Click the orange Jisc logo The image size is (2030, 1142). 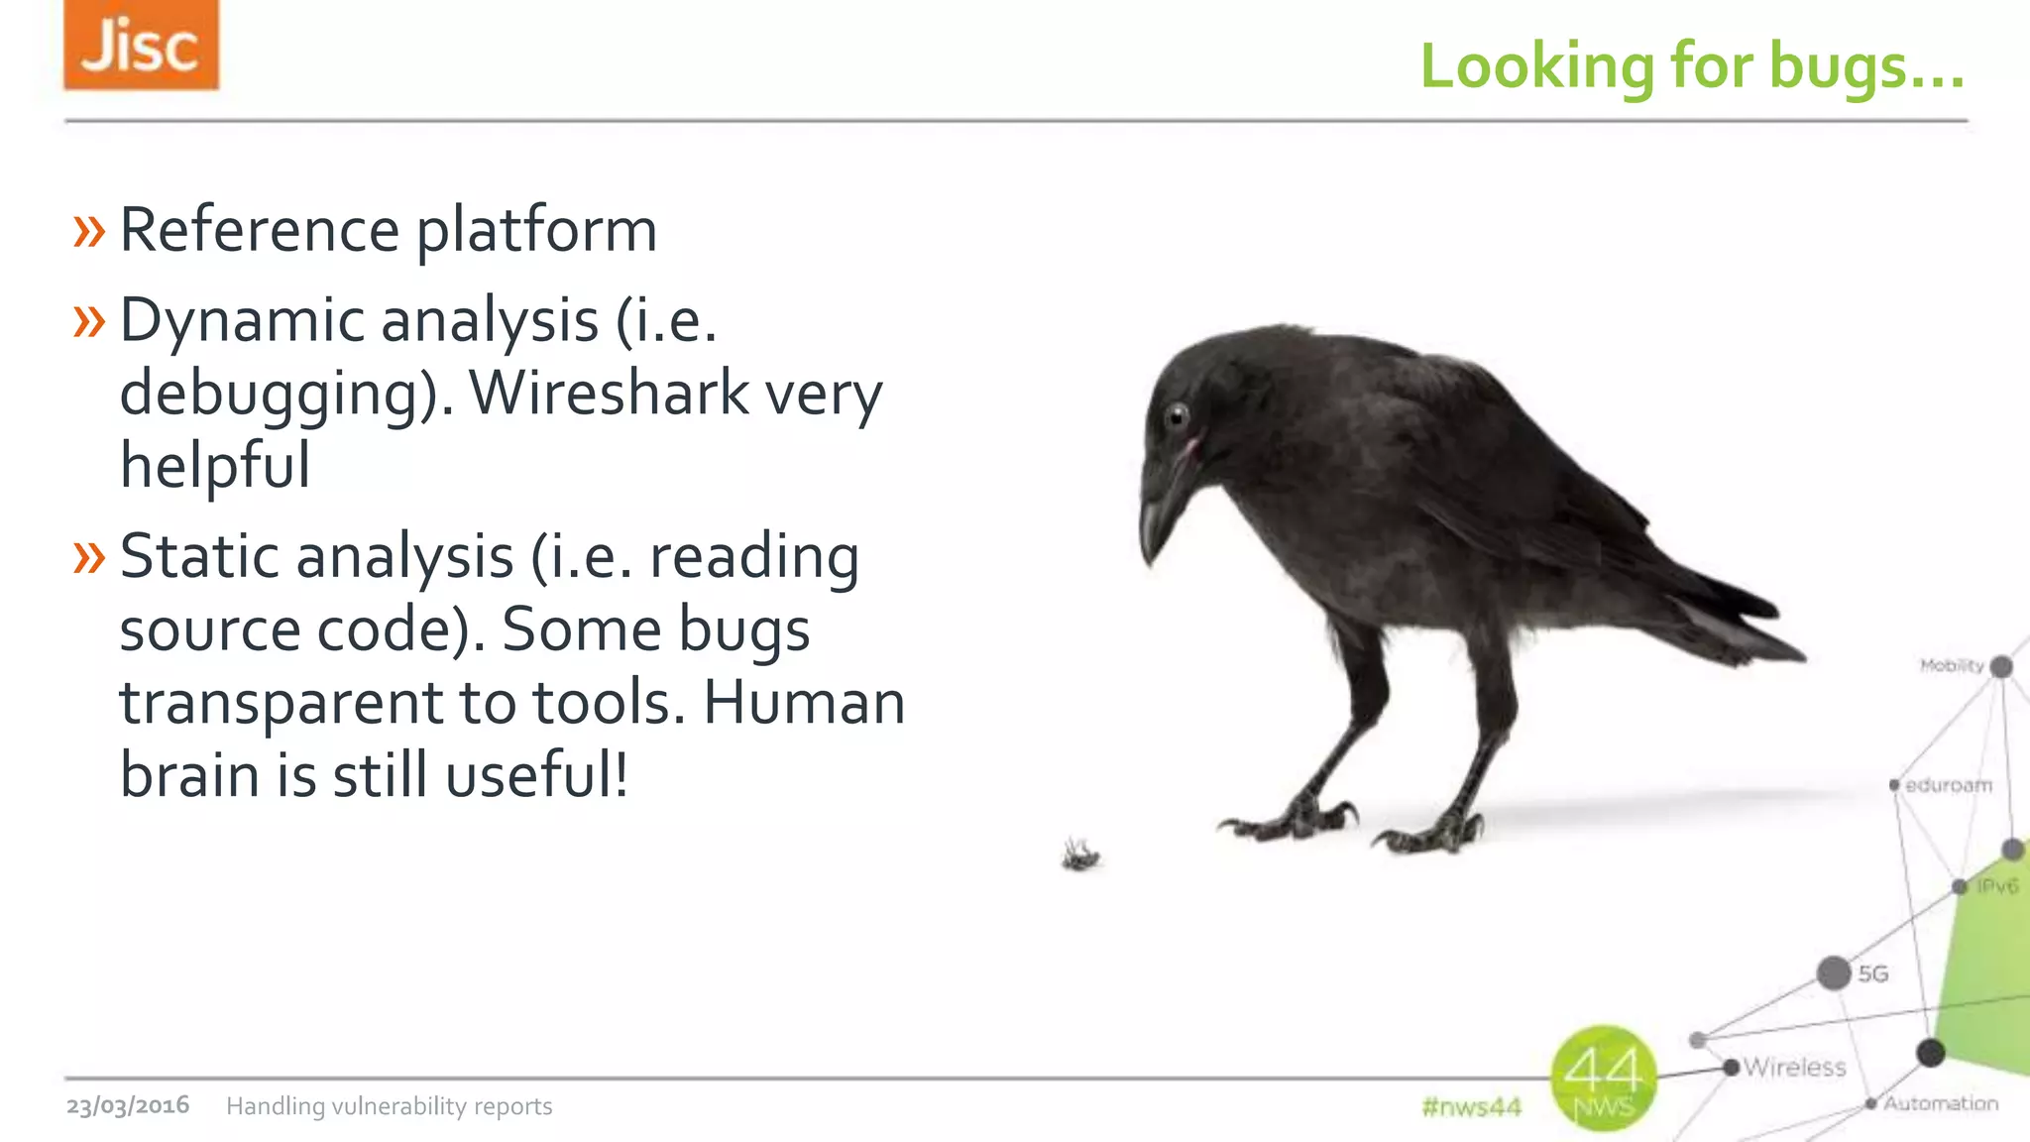[141, 46]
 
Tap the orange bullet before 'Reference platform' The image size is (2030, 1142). [88, 231]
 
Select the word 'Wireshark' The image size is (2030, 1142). [609, 393]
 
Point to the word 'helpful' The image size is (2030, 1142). [215, 465]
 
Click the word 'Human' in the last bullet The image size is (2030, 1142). [804, 702]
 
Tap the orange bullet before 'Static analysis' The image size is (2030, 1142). [88, 558]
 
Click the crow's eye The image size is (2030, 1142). [1177, 415]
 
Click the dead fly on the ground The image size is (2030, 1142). [1080, 854]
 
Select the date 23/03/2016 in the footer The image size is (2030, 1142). [128, 1105]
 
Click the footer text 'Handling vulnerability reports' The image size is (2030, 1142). [390, 1106]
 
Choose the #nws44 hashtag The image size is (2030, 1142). [1471, 1106]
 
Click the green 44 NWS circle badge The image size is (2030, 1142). [1603, 1079]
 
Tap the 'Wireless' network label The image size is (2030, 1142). [1794, 1068]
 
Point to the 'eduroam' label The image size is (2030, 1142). [1948, 785]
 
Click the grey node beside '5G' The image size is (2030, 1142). [1834, 972]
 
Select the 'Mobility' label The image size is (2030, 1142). [1951, 665]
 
